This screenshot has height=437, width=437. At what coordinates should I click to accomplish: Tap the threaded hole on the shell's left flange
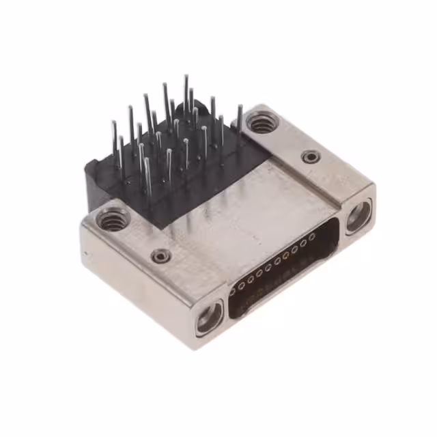(x=113, y=219)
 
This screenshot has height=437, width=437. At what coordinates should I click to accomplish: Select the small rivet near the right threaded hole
(x=311, y=157)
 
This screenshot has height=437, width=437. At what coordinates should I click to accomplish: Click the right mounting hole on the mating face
(x=358, y=217)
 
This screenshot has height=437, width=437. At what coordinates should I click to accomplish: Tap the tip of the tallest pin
(x=185, y=76)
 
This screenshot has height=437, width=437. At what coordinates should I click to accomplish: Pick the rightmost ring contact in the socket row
(x=312, y=236)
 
